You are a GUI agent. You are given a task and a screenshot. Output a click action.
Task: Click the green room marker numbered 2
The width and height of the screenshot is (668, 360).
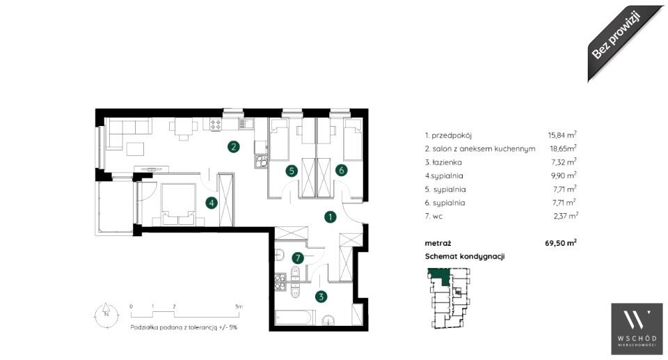pyautogui.click(x=233, y=147)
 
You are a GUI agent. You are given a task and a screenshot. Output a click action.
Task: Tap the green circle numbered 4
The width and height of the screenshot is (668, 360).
pyautogui.click(x=212, y=203)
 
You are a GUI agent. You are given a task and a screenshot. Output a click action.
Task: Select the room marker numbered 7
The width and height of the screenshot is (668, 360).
pyautogui.click(x=298, y=258)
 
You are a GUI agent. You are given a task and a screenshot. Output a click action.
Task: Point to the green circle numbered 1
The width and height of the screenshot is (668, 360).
pyautogui.click(x=330, y=217)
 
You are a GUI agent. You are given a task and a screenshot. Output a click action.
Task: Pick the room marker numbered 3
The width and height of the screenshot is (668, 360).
pyautogui.click(x=321, y=297)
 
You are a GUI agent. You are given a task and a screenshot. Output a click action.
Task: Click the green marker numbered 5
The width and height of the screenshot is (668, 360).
pyautogui.click(x=292, y=171)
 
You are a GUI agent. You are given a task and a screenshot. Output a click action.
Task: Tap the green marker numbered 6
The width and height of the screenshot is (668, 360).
pyautogui.click(x=341, y=170)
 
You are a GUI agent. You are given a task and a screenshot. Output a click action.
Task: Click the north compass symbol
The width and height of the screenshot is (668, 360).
pyautogui.click(x=106, y=315)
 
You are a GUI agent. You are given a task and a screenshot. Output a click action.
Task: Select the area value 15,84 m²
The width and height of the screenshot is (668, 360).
pyautogui.click(x=562, y=135)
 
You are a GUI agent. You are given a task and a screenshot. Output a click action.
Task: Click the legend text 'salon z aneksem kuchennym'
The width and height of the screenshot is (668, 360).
pyautogui.click(x=484, y=149)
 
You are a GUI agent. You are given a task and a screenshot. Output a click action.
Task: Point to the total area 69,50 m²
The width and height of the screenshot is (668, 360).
pyautogui.click(x=561, y=243)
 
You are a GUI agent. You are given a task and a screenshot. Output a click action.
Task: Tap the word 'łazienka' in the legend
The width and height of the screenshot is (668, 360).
pyautogui.click(x=447, y=162)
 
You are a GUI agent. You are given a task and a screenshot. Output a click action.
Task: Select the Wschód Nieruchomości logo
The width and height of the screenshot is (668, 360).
pyautogui.click(x=637, y=329)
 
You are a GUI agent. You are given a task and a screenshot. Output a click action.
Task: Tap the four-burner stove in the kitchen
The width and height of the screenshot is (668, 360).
pyautogui.click(x=216, y=125)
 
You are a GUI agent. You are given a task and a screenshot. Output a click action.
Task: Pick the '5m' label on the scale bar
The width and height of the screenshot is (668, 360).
pyautogui.click(x=239, y=306)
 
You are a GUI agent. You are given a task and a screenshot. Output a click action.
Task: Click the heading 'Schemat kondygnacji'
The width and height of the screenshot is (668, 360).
pyautogui.click(x=465, y=256)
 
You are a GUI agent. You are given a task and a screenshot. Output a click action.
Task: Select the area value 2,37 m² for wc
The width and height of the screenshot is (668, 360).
pyautogui.click(x=566, y=216)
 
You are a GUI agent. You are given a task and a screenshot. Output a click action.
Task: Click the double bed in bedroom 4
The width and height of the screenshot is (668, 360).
pyautogui.click(x=179, y=204)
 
